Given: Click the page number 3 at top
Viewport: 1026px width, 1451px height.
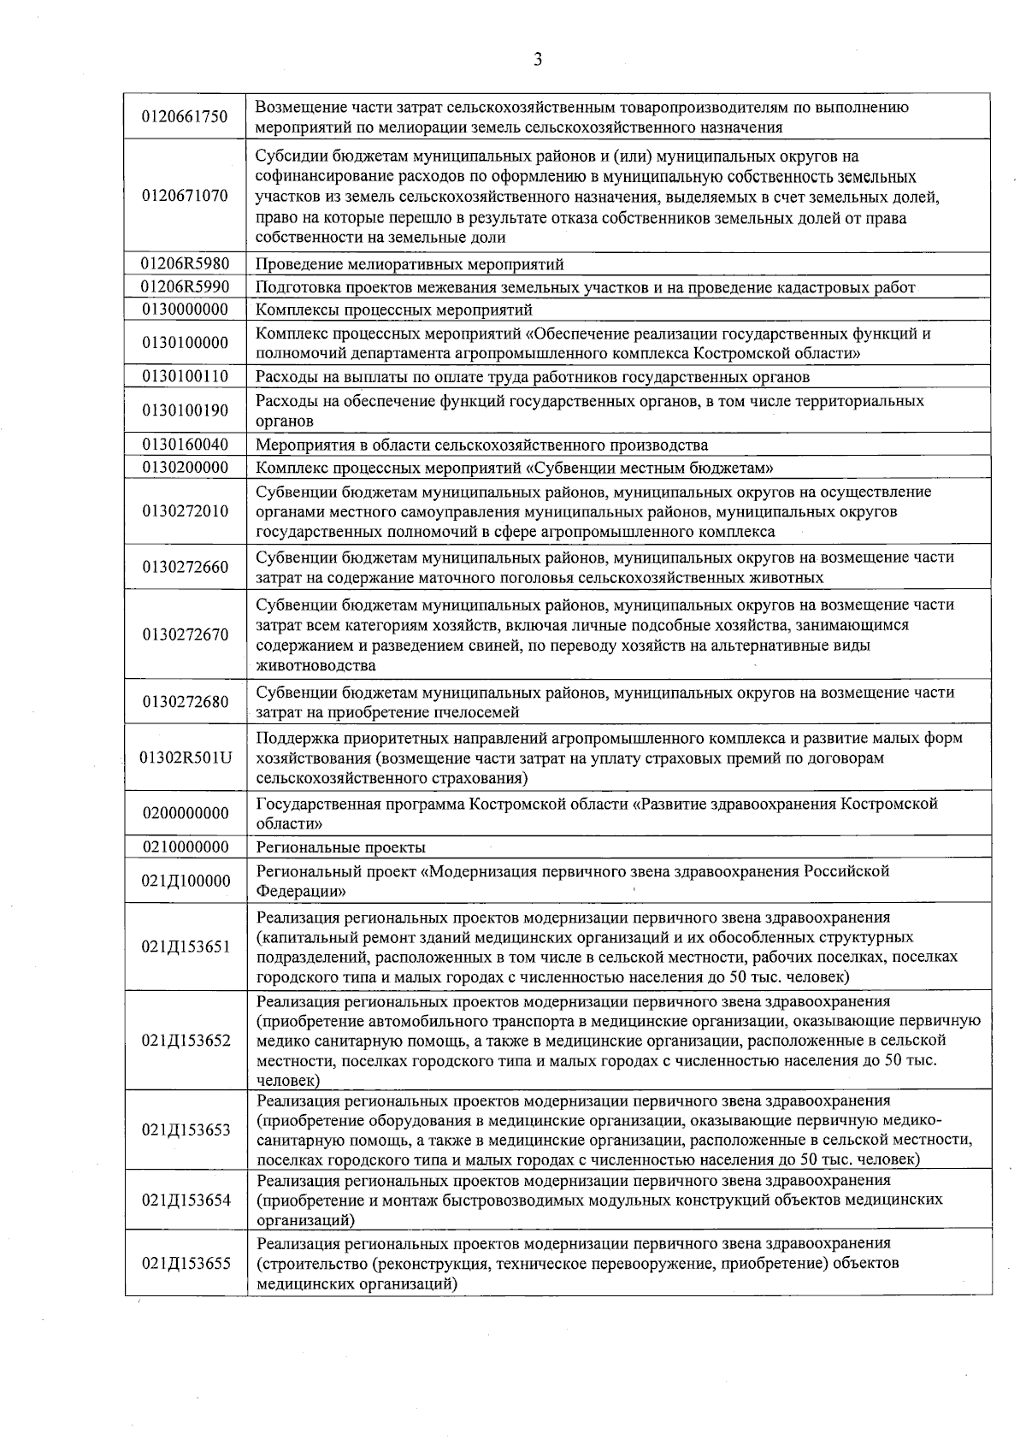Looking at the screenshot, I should click(x=538, y=59).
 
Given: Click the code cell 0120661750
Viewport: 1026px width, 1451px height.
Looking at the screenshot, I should click(x=186, y=117).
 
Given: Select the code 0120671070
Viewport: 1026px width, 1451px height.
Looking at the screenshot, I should click(x=186, y=196).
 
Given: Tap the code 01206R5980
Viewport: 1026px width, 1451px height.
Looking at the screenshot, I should click(x=186, y=263).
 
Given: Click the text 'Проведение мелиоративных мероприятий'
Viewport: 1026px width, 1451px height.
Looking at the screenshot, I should click(x=410, y=264).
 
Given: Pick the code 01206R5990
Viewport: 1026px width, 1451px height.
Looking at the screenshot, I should click(x=186, y=286).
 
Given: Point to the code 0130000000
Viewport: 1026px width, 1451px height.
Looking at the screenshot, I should click(x=186, y=309).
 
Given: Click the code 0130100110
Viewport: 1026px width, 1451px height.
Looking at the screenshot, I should click(x=186, y=376).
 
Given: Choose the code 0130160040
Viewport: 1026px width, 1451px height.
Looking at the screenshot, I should click(x=186, y=445).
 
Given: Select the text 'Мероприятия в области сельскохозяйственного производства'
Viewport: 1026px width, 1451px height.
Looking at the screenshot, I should click(x=482, y=445).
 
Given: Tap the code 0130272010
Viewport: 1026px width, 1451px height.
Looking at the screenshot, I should click(x=186, y=511).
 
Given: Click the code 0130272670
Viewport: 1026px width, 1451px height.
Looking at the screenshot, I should click(x=186, y=634).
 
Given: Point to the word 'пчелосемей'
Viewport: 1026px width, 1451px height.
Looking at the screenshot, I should click(x=480, y=712).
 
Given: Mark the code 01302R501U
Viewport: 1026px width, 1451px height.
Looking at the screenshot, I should click(x=186, y=758).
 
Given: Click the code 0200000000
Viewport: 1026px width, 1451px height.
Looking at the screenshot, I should click(x=186, y=813).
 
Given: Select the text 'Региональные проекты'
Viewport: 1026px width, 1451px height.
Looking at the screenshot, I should click(x=341, y=847).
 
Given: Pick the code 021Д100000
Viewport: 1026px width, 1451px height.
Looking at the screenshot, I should click(x=186, y=881).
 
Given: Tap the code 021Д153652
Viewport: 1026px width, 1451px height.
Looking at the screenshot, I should click(x=186, y=1041).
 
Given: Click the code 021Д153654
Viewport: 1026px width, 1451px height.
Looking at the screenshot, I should click(x=186, y=1200).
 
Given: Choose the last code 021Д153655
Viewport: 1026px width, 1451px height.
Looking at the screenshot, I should click(x=186, y=1263).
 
